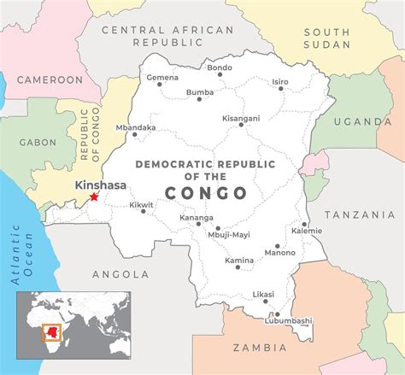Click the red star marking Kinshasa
point(94,197)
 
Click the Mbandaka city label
point(137,128)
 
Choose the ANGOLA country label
point(120,274)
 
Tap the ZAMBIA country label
point(259,348)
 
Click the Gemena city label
point(162,78)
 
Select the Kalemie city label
point(307,231)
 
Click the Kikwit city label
point(141,205)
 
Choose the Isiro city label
point(280,82)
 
